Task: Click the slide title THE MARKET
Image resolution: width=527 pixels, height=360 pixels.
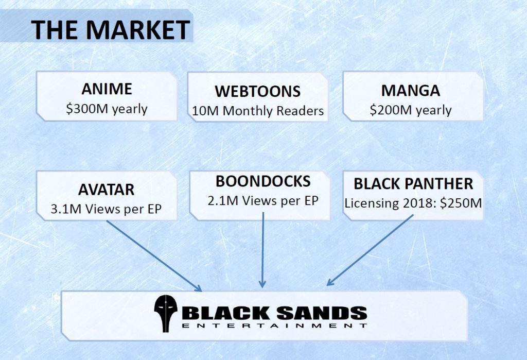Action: (111, 29)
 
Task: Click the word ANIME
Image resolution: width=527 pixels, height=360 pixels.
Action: (107, 89)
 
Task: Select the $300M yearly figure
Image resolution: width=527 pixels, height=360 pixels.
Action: (107, 109)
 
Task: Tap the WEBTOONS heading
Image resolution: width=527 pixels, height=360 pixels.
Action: (258, 91)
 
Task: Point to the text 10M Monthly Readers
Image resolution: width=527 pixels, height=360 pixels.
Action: (258, 111)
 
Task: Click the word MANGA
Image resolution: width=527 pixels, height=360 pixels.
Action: (411, 91)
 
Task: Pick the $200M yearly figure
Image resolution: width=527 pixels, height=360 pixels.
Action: (411, 110)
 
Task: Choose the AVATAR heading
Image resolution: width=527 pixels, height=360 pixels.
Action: (106, 190)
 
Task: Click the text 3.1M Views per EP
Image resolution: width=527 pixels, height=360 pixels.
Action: (106, 209)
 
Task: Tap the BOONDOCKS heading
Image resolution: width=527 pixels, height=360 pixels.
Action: (263, 181)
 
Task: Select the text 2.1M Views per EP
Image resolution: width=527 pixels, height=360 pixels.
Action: (263, 201)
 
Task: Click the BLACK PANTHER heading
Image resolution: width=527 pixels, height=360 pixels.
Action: (413, 184)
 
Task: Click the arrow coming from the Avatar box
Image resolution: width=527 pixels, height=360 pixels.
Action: (154, 256)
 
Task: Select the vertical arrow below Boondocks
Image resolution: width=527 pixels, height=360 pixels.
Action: (262, 250)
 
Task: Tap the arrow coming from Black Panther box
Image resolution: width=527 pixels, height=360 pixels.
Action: (370, 250)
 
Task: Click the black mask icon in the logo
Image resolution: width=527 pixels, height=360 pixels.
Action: (166, 314)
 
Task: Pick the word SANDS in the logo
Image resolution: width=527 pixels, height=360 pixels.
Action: (322, 313)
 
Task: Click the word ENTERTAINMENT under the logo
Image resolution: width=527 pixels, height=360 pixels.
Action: (274, 325)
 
